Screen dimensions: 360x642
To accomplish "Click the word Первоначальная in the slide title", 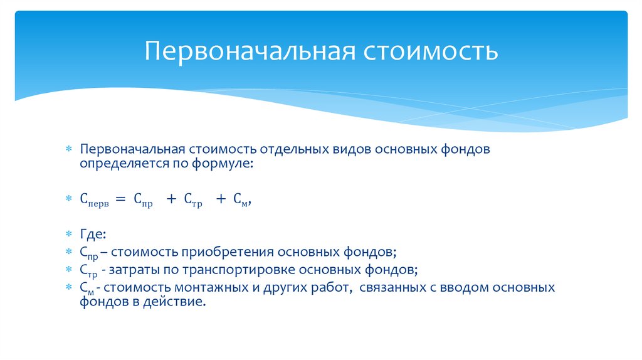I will pyautogui.click(x=248, y=51).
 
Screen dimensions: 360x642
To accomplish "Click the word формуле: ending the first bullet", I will pyautogui.click(x=225, y=164).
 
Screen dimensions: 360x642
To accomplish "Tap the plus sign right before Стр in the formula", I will pyautogui.click(x=171, y=199).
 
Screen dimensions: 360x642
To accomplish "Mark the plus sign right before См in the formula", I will pyautogui.click(x=221, y=199).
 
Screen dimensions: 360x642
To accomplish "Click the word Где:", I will pyautogui.click(x=93, y=234).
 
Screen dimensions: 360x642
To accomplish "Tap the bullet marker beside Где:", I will pyautogui.click(x=70, y=235).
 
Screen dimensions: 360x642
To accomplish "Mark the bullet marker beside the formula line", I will pyautogui.click(x=70, y=199).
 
